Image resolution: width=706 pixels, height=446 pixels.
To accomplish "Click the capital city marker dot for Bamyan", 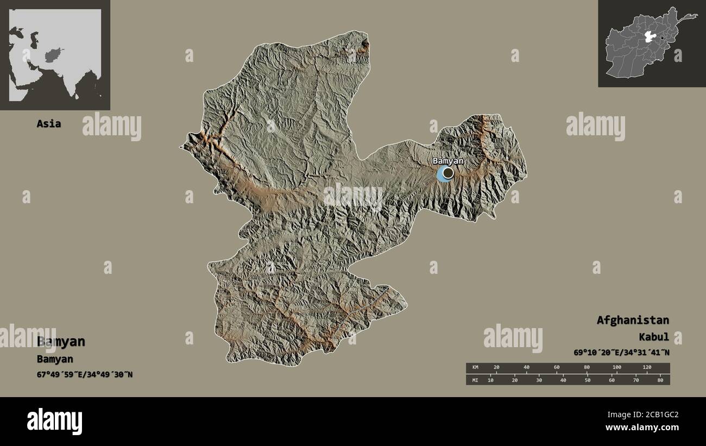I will (447, 173).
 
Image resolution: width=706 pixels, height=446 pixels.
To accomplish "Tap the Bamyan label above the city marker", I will (448, 161).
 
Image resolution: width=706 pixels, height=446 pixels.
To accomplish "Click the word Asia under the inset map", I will (49, 123).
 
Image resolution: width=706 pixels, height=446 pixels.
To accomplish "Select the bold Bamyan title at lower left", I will (61, 342).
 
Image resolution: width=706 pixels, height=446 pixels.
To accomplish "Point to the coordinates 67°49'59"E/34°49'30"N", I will (84, 374).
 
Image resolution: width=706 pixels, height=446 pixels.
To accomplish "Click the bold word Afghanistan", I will (633, 320).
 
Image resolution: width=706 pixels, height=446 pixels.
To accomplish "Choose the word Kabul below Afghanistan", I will (654, 337).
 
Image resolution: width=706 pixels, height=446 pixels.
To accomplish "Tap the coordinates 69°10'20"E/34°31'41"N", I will (621, 353).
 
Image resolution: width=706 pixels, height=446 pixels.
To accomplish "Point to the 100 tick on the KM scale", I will (617, 368).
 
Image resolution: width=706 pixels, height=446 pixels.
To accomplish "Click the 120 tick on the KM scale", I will (647, 368).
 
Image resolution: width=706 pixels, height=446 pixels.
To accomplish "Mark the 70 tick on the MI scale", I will (636, 380).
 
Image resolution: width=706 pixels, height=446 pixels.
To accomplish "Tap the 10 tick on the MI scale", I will (491, 380).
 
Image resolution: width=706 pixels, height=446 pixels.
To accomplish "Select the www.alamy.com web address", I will (642, 428).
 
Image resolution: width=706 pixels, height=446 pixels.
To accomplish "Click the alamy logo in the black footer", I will (55, 421).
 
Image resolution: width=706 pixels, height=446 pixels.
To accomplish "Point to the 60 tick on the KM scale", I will (557, 368).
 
